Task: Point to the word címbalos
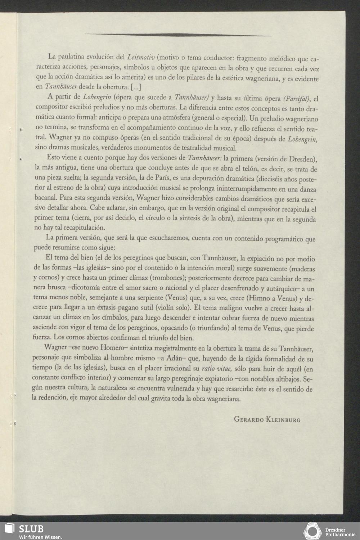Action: click(113, 318)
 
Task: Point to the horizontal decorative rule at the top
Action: click(178, 35)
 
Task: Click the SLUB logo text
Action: click(31, 528)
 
